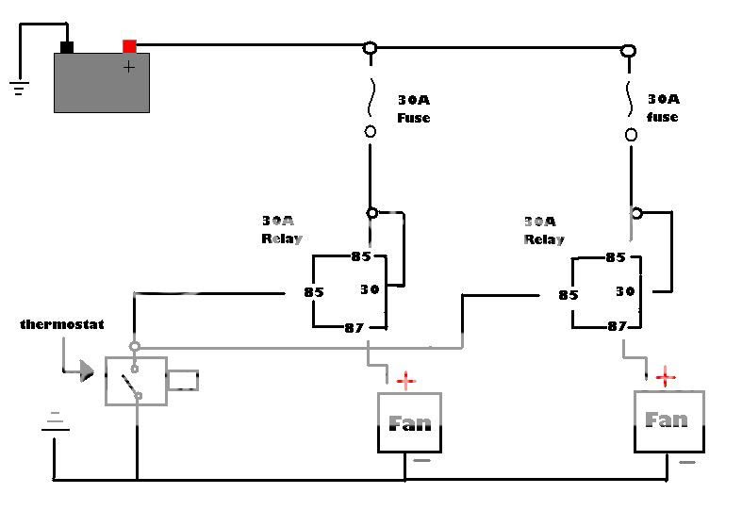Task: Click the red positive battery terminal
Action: [129, 45]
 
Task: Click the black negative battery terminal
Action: [66, 46]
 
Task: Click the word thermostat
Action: [61, 324]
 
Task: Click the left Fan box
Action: [409, 422]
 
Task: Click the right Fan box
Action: [668, 420]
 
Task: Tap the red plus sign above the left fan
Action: [405, 381]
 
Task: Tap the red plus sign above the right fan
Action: [666, 378]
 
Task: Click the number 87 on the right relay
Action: [617, 326]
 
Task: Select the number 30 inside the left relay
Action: [370, 289]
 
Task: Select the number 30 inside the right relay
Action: [626, 290]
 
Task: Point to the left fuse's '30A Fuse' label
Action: [412, 108]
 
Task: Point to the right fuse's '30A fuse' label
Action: [663, 107]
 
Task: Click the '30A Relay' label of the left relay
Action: [281, 230]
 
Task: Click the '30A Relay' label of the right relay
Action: [543, 231]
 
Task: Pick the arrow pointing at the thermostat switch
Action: [85, 370]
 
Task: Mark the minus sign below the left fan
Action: [421, 462]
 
